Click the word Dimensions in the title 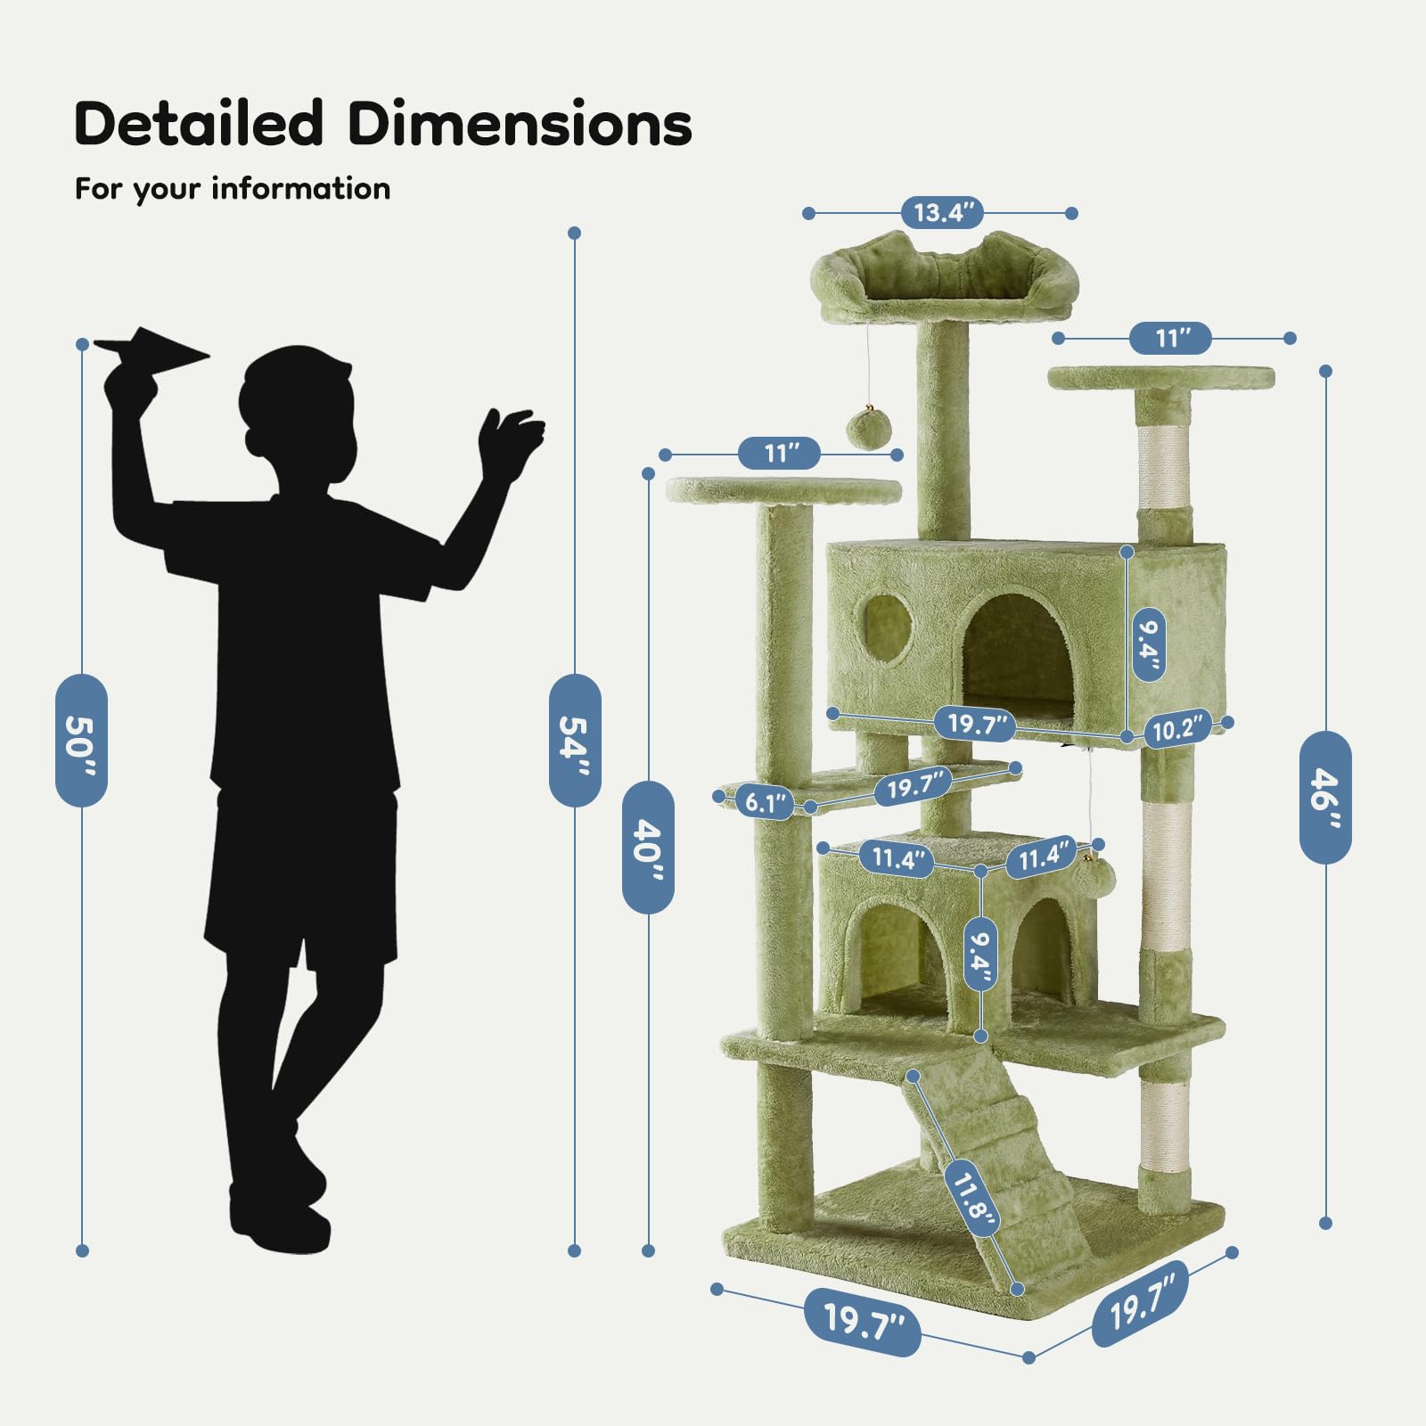tap(520, 123)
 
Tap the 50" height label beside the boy tap(82, 741)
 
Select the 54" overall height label tap(575, 741)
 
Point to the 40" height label tap(648, 847)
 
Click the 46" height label tap(1325, 797)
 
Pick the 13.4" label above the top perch tap(942, 213)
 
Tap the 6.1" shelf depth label tap(766, 802)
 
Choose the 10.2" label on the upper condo tap(1177, 728)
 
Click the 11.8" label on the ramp tap(971, 1198)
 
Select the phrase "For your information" tap(233, 190)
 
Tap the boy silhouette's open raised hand tap(509, 441)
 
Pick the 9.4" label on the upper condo tap(1149, 644)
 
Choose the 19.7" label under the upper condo tap(976, 723)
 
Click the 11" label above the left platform tap(779, 454)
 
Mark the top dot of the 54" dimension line tap(575, 233)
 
